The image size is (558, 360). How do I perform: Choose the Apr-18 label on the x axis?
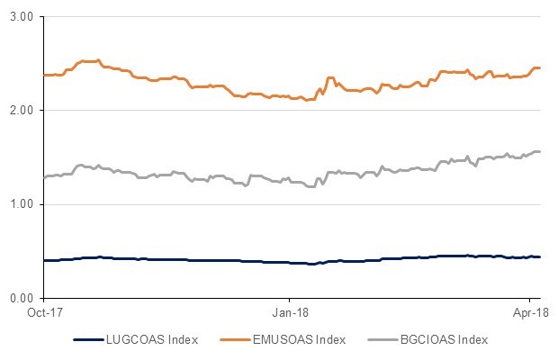tap(529, 314)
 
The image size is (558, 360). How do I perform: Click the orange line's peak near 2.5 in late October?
tap(90, 61)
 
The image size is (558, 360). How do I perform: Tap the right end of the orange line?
tap(539, 68)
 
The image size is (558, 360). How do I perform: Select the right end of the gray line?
tap(539, 151)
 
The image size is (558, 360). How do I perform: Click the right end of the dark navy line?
tap(539, 257)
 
